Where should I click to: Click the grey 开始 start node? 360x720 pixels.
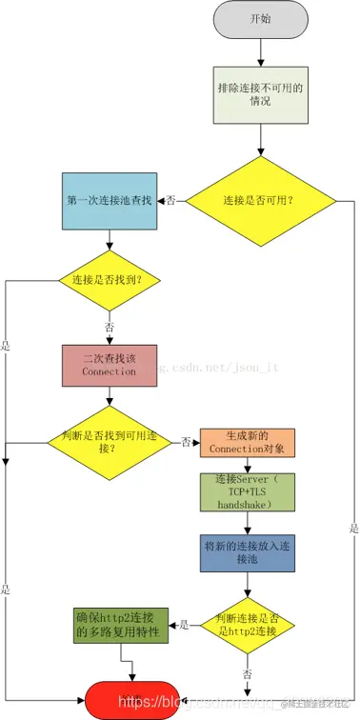259,19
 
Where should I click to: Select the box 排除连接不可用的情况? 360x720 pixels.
259,93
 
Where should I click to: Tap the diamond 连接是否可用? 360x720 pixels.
259,201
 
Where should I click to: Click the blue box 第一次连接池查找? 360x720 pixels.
110,201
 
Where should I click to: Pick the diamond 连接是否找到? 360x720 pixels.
109,280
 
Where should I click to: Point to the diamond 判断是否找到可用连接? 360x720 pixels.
109,440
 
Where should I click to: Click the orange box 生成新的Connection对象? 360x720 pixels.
247,441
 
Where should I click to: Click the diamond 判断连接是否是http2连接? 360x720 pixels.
248,625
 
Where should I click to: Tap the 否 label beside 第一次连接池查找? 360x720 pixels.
170,201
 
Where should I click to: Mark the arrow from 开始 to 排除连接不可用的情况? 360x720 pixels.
259,51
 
